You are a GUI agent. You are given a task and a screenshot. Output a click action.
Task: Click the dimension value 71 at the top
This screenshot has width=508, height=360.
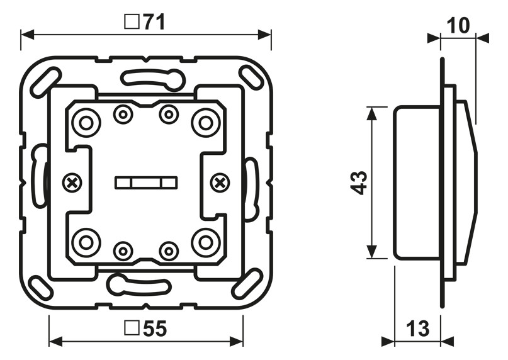[x=154, y=22]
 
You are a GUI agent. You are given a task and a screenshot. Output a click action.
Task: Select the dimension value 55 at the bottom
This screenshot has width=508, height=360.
[x=154, y=329]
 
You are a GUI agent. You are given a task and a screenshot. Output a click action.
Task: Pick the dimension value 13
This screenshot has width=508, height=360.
[x=417, y=328]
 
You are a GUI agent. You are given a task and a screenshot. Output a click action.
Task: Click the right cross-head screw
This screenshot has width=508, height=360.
[x=220, y=183]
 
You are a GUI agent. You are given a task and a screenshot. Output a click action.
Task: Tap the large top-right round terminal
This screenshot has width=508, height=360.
[x=205, y=122]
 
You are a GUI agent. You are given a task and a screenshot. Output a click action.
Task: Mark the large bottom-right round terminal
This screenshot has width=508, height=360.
[x=205, y=242]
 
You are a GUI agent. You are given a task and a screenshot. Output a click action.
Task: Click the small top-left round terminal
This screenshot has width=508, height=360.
[x=123, y=114]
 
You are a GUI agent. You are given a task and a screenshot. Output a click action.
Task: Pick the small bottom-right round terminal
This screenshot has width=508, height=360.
[x=168, y=251]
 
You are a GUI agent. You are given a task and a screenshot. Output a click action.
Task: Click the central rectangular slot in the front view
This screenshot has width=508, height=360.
[x=145, y=183]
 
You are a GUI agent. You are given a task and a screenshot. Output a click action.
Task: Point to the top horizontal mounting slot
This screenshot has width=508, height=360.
[x=152, y=78]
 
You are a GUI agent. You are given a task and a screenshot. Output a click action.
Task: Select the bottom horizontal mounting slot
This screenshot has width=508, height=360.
[x=139, y=286]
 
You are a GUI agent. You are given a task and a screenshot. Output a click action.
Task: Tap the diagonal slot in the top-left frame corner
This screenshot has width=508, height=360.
[x=45, y=81]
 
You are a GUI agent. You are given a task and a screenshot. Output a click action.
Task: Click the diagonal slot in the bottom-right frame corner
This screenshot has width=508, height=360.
[x=246, y=285]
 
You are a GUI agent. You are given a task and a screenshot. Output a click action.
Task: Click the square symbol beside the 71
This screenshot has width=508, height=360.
[x=132, y=23]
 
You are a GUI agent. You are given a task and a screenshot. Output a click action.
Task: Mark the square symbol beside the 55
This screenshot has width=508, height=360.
[x=132, y=329]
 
